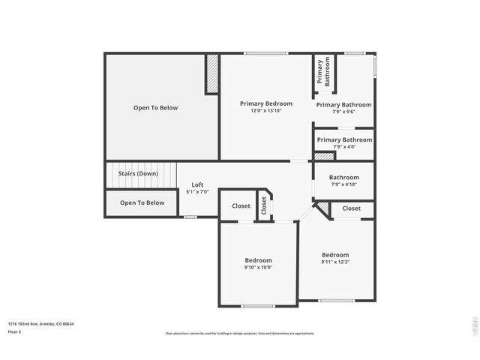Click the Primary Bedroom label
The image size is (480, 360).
[265, 103]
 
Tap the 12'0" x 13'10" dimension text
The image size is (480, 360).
[265, 111]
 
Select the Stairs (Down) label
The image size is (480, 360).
[138, 173]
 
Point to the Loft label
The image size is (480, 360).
[197, 184]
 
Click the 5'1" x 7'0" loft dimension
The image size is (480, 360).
[197, 192]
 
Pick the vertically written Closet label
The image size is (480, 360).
[264, 205]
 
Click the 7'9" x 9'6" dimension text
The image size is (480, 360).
[343, 112]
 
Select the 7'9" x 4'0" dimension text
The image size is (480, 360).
[343, 146]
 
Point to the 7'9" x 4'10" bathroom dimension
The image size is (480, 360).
[343, 184]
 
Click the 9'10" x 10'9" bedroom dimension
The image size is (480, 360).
[258, 267]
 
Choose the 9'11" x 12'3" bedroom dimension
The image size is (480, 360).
[335, 262]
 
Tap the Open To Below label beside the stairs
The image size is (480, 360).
[142, 202]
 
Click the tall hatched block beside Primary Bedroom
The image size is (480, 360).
[212, 73]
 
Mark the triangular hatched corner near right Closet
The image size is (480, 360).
[322, 208]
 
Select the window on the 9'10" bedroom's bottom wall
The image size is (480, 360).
[258, 306]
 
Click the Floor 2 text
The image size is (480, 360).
[15, 331]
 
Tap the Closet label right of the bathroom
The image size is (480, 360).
[351, 208]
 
